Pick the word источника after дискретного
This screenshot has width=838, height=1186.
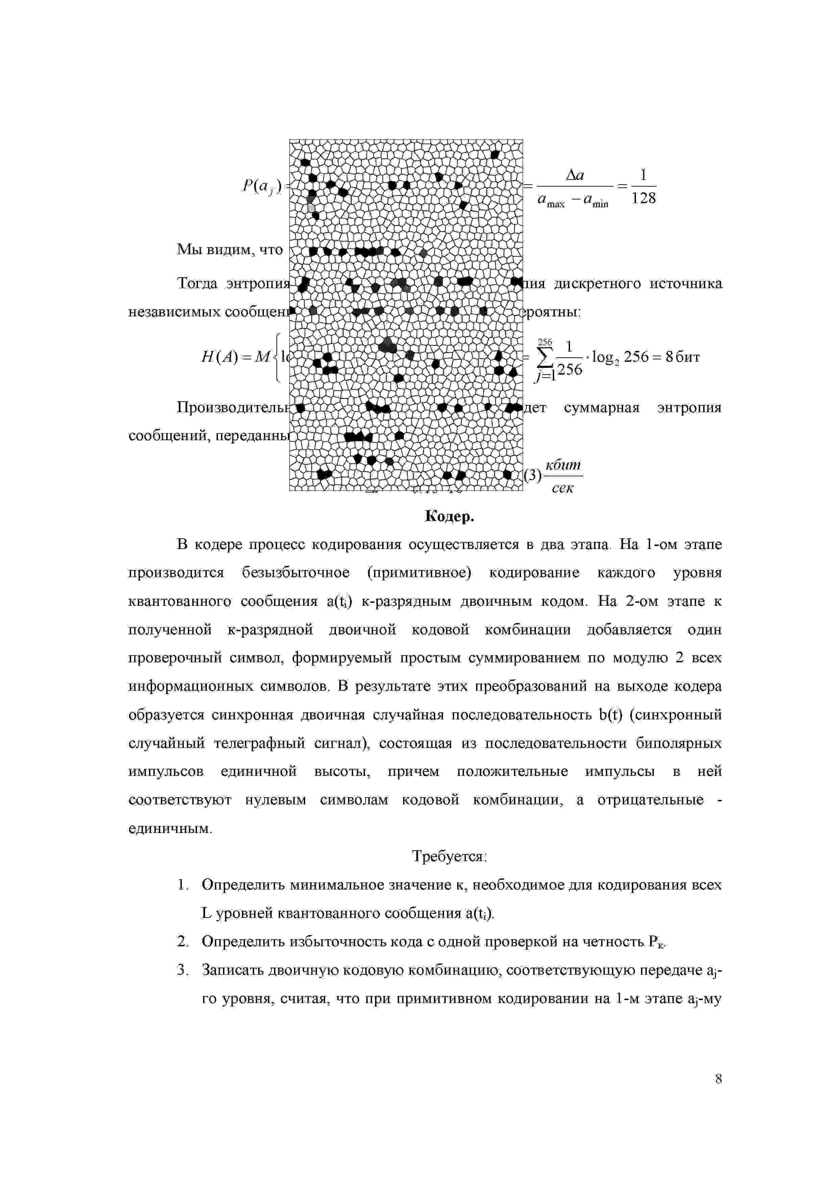point(685,284)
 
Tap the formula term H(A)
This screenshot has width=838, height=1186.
point(219,357)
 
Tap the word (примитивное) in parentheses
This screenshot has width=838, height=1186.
point(419,573)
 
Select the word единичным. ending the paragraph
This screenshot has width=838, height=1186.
point(170,829)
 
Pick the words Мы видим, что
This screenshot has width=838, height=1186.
point(230,250)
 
